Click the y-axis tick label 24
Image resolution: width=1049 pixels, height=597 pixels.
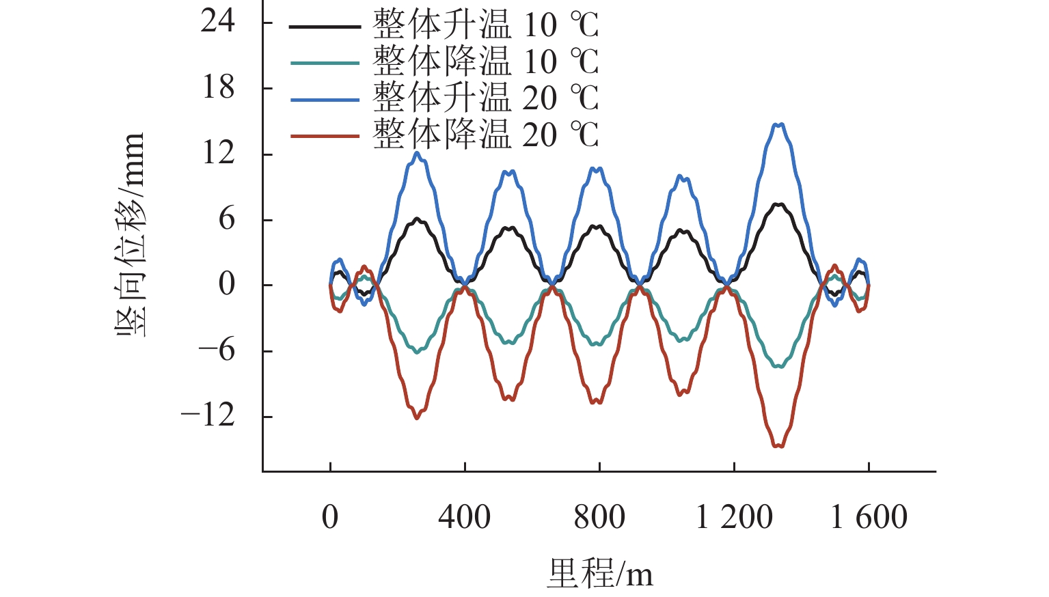click(x=217, y=22)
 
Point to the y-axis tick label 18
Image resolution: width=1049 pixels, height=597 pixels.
click(x=217, y=87)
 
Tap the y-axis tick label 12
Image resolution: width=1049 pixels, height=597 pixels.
click(x=217, y=153)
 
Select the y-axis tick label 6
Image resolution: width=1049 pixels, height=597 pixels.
click(x=226, y=219)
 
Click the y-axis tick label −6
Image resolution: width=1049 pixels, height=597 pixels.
click(x=217, y=350)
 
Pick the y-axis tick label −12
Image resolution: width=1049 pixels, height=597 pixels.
click(x=207, y=415)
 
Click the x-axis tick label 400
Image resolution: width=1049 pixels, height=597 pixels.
click(x=464, y=517)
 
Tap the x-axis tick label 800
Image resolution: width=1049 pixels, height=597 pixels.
click(x=599, y=517)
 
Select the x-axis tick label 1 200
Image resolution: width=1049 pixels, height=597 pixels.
click(x=734, y=517)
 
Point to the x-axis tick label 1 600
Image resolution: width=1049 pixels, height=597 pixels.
click(x=869, y=517)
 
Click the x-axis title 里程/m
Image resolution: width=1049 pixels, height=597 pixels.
click(x=599, y=573)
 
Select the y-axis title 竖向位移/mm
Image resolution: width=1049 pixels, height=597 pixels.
click(x=130, y=234)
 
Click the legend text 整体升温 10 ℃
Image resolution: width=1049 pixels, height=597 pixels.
click(x=485, y=25)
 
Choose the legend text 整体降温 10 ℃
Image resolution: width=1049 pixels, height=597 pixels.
click(x=485, y=61)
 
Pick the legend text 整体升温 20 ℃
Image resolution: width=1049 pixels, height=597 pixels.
click(x=485, y=98)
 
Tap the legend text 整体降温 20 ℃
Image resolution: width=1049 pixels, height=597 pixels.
click(x=485, y=135)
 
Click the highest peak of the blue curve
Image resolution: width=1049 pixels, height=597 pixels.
click(x=778, y=124)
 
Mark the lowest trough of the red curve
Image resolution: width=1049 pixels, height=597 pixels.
click(x=778, y=446)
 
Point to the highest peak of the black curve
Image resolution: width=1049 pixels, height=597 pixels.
click(x=778, y=204)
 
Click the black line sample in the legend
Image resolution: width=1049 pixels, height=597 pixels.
click(x=325, y=27)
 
